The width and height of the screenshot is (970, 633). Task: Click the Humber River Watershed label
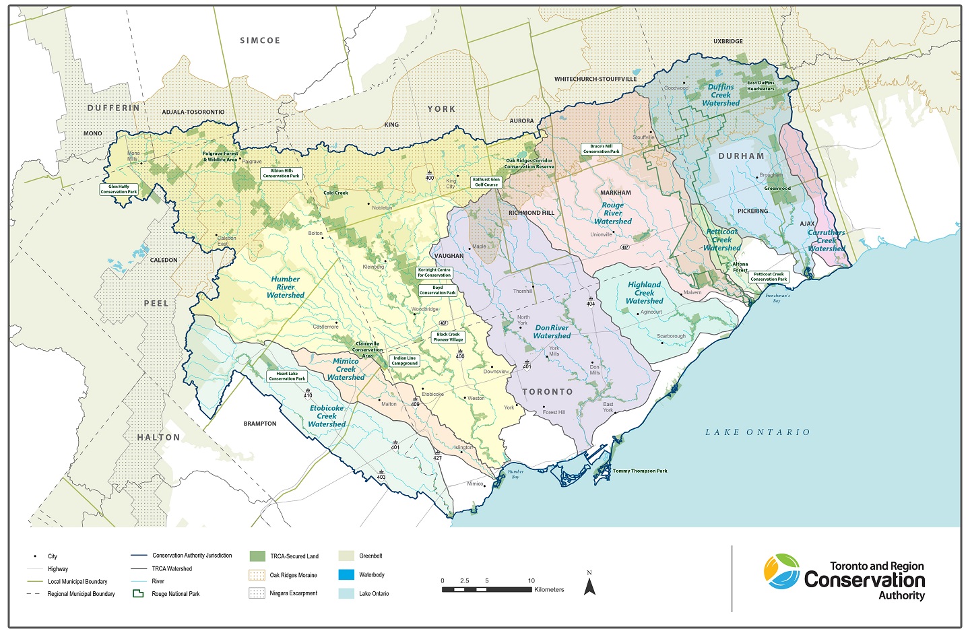click(x=286, y=287)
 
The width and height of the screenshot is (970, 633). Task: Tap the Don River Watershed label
click(x=552, y=332)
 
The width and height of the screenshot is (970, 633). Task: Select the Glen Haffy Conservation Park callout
click(x=119, y=189)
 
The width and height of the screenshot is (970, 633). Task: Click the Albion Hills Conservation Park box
click(x=281, y=173)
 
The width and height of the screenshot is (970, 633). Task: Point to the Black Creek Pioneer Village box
click(x=448, y=337)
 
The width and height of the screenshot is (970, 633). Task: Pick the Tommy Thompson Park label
click(x=639, y=471)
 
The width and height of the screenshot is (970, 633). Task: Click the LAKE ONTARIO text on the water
click(x=757, y=432)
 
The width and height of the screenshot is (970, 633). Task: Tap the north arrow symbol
click(x=589, y=585)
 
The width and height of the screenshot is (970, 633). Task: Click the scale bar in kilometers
click(x=486, y=589)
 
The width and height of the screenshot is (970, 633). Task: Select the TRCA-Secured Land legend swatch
click(x=257, y=556)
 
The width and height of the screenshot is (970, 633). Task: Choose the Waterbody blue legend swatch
click(x=346, y=574)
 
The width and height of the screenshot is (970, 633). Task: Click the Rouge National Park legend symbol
click(x=138, y=594)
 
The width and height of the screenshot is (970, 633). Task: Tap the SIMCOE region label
click(x=260, y=40)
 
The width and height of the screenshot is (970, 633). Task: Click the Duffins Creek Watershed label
click(x=721, y=95)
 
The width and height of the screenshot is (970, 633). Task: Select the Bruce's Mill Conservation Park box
click(x=601, y=149)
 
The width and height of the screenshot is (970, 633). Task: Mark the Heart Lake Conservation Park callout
click(x=287, y=376)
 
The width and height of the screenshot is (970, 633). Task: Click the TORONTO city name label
click(x=547, y=392)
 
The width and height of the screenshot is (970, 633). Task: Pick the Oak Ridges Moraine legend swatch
click(x=257, y=575)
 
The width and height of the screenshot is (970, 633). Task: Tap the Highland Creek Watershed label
click(x=645, y=293)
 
